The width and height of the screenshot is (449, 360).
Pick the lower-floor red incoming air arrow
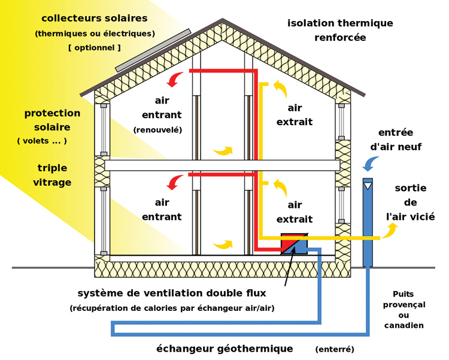pos(176,181)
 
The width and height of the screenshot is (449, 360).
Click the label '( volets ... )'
pos(42,141)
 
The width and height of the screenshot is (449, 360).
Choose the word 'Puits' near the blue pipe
pos(404,294)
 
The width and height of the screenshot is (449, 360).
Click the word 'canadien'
pos(404,325)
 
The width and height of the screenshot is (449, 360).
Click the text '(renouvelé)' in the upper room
pos(157,129)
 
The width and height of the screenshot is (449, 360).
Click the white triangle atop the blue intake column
pos(368,186)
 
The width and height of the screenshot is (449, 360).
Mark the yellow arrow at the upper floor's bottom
pos(223,150)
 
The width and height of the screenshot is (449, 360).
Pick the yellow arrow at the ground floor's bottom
pos(223,244)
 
